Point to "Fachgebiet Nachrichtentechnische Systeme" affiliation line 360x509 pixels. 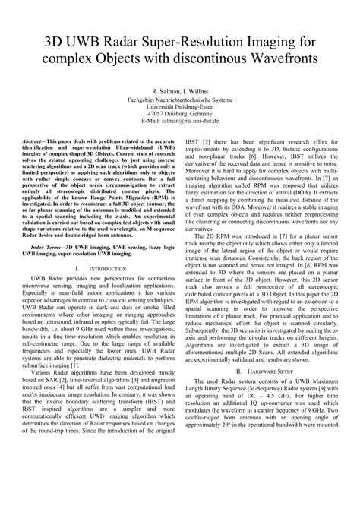coord(180,99)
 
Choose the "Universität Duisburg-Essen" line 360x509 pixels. coord(180,106)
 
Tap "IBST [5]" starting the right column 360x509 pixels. coord(200,141)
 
